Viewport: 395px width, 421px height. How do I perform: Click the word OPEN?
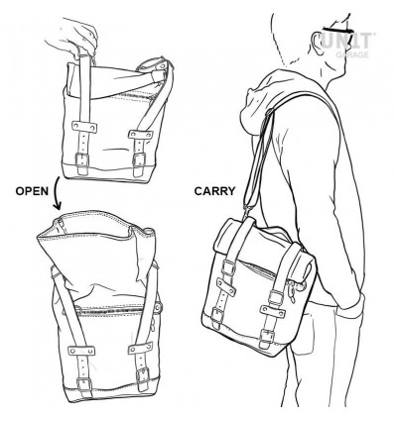[x=32, y=191]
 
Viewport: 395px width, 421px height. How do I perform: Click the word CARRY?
[x=214, y=191]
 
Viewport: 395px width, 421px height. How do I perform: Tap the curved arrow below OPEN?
[x=57, y=193]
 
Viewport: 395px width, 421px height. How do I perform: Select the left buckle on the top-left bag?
[x=82, y=160]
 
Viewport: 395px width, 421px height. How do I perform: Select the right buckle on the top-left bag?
[x=139, y=160]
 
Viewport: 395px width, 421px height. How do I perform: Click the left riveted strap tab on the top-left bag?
[x=84, y=127]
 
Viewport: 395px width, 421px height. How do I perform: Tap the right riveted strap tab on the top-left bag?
[x=141, y=135]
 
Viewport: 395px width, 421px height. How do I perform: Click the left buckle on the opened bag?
[x=84, y=385]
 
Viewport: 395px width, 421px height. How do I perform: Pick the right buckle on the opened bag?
[x=143, y=376]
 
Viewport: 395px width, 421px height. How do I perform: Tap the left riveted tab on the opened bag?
[x=81, y=351]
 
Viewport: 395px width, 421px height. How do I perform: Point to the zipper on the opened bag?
[x=112, y=308]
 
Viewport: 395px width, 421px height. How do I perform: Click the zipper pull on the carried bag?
[x=292, y=291]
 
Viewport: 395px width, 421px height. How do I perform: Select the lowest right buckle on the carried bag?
[x=267, y=338]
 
